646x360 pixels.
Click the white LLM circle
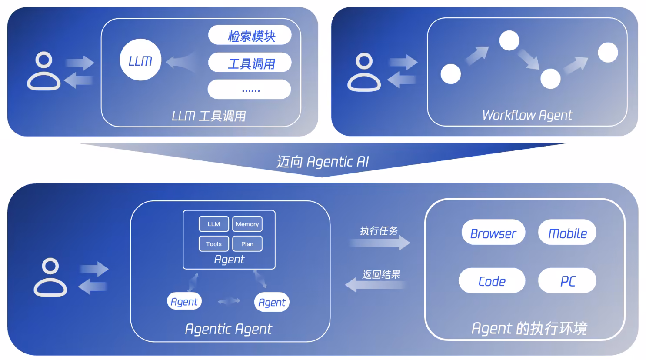[140, 60]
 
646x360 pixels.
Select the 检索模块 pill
[250, 36]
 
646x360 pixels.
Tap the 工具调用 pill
[250, 63]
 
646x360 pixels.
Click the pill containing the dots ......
[250, 90]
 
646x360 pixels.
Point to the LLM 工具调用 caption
[209, 116]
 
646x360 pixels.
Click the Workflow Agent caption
[527, 115]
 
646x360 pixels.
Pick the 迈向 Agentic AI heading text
[323, 162]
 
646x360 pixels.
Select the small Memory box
[247, 224]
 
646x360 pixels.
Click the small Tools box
[214, 244]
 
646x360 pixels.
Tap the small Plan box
[247, 244]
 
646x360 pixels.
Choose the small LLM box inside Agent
[214, 224]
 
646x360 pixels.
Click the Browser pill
[493, 233]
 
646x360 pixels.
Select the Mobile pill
[567, 233]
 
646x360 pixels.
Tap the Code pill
[492, 281]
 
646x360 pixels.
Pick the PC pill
[567, 281]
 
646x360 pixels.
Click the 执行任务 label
[379, 231]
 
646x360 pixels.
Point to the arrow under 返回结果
[376, 285]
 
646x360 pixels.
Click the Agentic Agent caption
[228, 329]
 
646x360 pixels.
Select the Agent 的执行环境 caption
[529, 328]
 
